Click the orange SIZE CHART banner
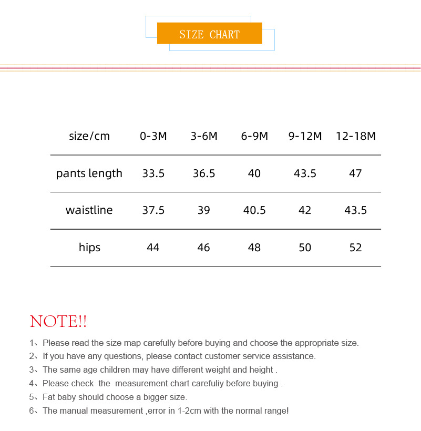point(209,34)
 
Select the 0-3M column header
point(153,136)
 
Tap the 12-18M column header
point(356,136)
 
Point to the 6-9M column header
point(254,136)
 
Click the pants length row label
point(89,173)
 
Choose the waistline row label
point(89,210)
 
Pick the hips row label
point(89,248)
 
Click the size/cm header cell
point(89,136)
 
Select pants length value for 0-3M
point(153,173)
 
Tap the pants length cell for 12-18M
point(355,173)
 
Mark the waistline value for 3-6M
point(203,210)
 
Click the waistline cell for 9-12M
point(305,210)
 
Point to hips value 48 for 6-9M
point(254,248)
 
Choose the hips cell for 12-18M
point(356,248)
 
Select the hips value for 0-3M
point(153,248)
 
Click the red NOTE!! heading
point(58,321)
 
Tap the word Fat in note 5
point(49,397)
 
